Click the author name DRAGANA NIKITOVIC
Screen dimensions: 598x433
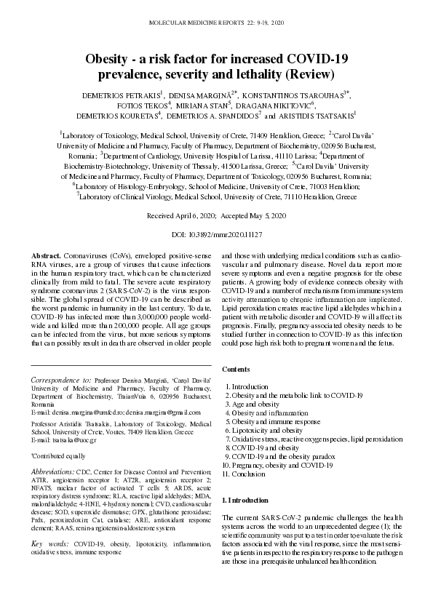coord(277,105)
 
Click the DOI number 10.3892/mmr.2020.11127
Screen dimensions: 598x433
coord(226,236)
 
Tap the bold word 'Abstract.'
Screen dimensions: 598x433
coord(47,258)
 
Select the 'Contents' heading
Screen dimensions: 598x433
coord(237,369)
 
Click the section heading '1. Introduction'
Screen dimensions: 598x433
coord(245,502)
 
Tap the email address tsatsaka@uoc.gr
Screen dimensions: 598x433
coord(68,440)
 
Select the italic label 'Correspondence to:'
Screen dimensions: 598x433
coord(57,380)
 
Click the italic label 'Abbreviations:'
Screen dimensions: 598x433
coord(55,471)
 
